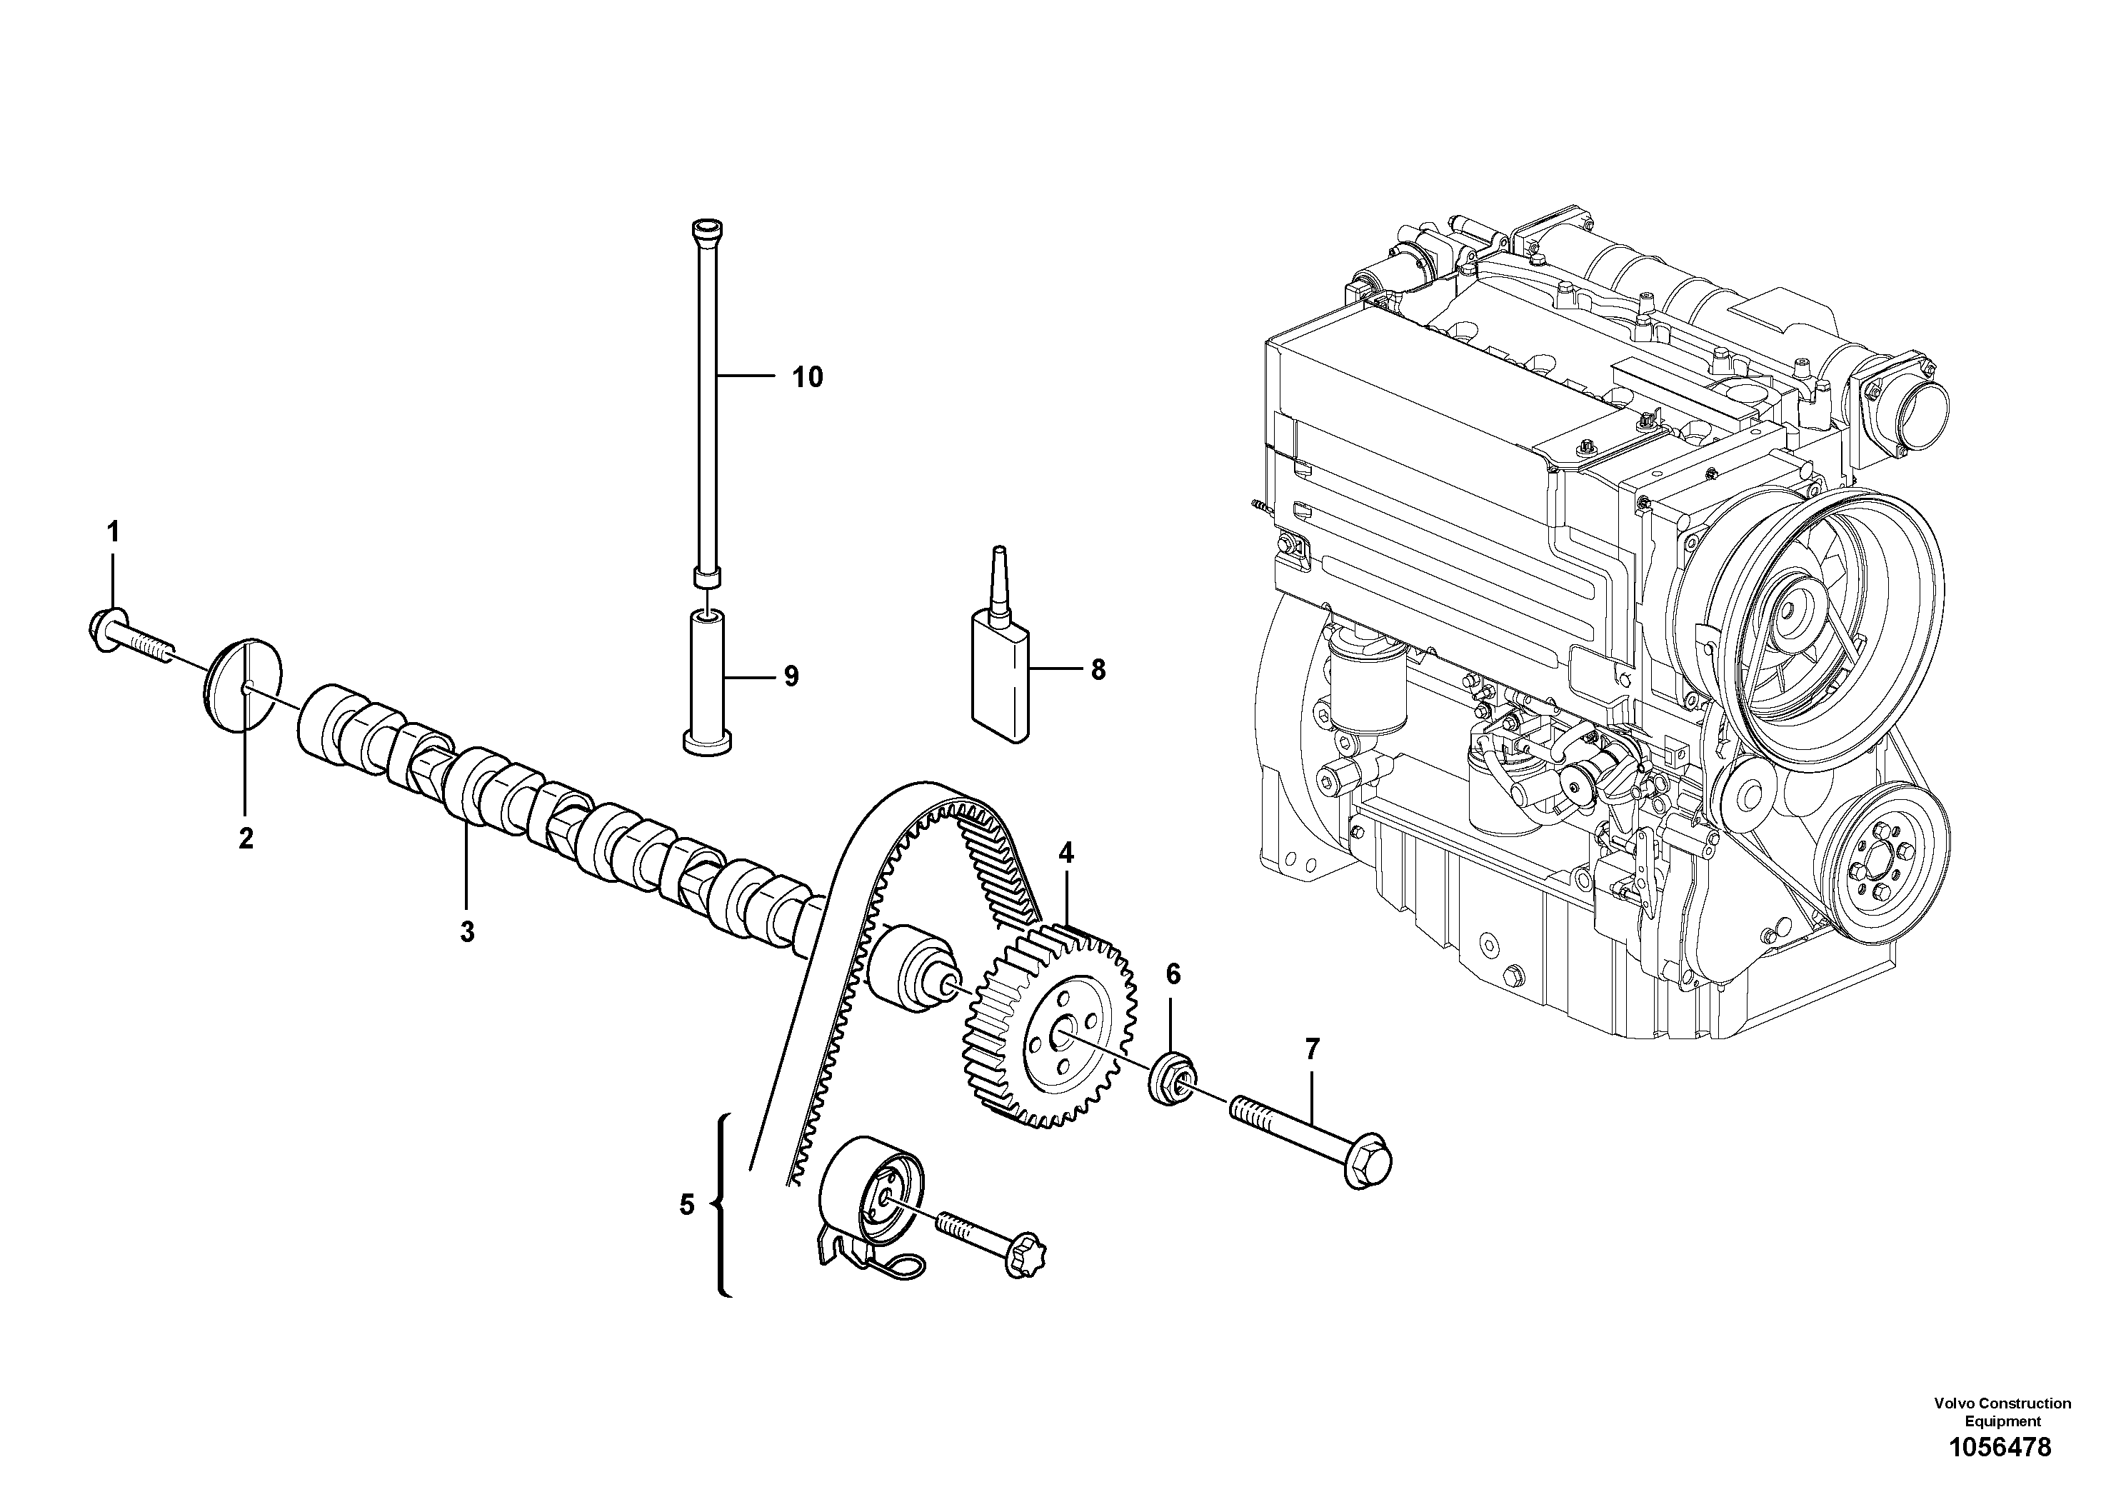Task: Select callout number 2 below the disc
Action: [246, 838]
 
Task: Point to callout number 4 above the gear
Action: [1067, 853]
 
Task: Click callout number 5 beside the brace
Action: [686, 1205]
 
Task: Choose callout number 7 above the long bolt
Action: [1312, 1049]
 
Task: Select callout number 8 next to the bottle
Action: [1098, 669]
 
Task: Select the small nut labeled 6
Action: [1171, 1078]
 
